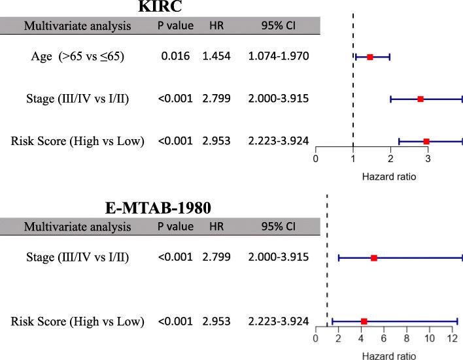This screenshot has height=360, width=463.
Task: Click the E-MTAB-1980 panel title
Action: coord(162,208)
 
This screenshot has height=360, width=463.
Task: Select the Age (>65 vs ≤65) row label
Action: coord(78,57)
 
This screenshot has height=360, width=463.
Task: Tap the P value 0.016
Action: coord(175,57)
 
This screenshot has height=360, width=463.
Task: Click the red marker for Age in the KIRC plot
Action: coord(369,57)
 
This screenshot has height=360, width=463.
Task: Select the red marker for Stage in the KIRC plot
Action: coord(420,99)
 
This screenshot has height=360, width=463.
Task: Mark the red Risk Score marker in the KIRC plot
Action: coord(426,141)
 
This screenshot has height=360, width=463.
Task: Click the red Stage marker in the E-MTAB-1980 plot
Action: coord(374,258)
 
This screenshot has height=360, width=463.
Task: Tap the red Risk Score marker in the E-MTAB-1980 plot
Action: coord(364,321)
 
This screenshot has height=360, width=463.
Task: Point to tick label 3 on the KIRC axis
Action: coord(428,159)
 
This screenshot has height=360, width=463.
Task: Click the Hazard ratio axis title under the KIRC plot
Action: coord(389,176)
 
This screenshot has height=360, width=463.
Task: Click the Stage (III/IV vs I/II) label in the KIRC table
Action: coord(78,99)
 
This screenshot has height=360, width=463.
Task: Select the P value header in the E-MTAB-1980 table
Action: coord(175,227)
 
